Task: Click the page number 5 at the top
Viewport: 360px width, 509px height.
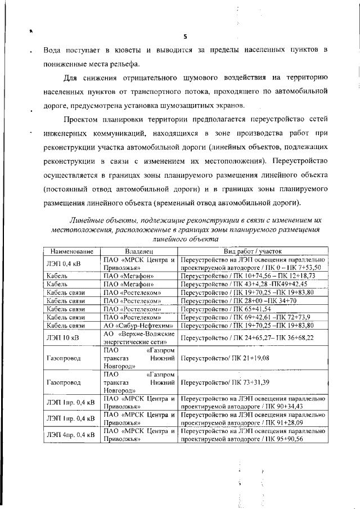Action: coord(184,37)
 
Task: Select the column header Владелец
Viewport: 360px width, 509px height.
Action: coord(139,251)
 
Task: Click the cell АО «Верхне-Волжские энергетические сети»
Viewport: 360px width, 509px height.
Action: coord(139,337)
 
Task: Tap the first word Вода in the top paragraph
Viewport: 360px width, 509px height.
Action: coord(53,51)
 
